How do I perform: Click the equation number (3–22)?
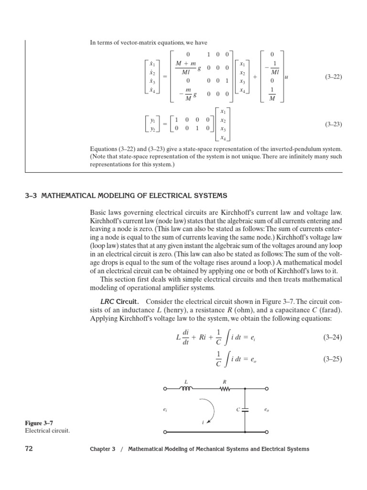pyautogui.click(x=334, y=77)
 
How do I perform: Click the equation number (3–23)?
pyautogui.click(x=334, y=124)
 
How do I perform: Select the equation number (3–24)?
pyautogui.click(x=334, y=337)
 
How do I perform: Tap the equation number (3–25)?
pyautogui.click(x=334, y=358)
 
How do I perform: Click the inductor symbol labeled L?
pyautogui.click(x=185, y=389)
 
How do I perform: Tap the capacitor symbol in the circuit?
pyautogui.click(x=245, y=410)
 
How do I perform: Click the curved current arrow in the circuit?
pyautogui.click(x=211, y=410)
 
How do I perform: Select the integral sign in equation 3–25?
pyautogui.click(x=227, y=358)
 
